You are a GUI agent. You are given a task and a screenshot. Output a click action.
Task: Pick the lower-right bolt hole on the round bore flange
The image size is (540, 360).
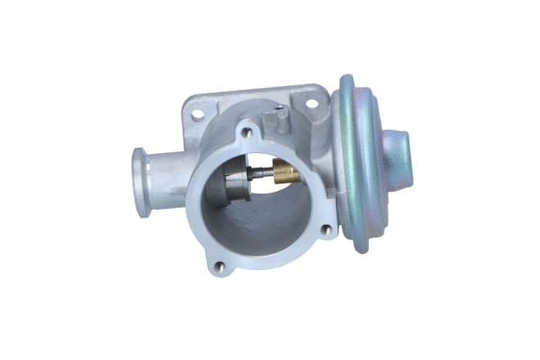(325, 232)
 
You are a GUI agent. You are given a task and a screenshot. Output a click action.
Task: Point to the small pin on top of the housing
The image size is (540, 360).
(280, 114)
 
